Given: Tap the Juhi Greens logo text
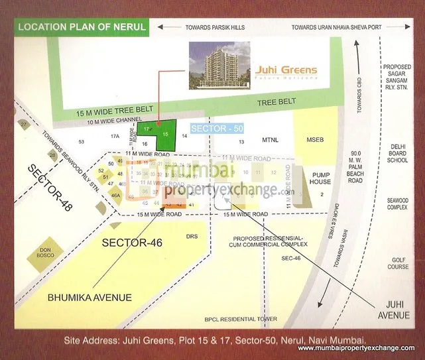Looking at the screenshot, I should tap(286, 70).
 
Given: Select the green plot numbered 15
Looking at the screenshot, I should tap(166, 134).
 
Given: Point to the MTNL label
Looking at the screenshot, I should tap(270, 141).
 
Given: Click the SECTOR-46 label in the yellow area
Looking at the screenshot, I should tap(132, 243).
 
